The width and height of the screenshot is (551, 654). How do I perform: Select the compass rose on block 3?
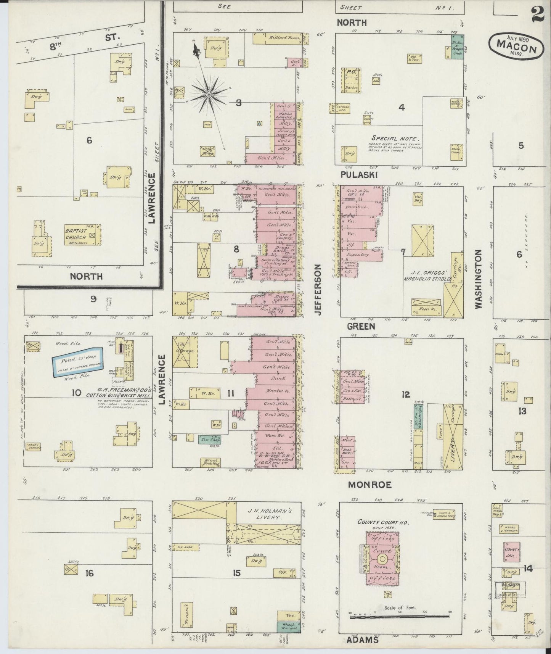coord(209,94)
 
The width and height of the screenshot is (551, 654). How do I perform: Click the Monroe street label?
coord(370,485)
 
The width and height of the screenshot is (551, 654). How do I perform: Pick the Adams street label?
coord(362,640)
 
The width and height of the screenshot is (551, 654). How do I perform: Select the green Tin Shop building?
coord(209,439)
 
